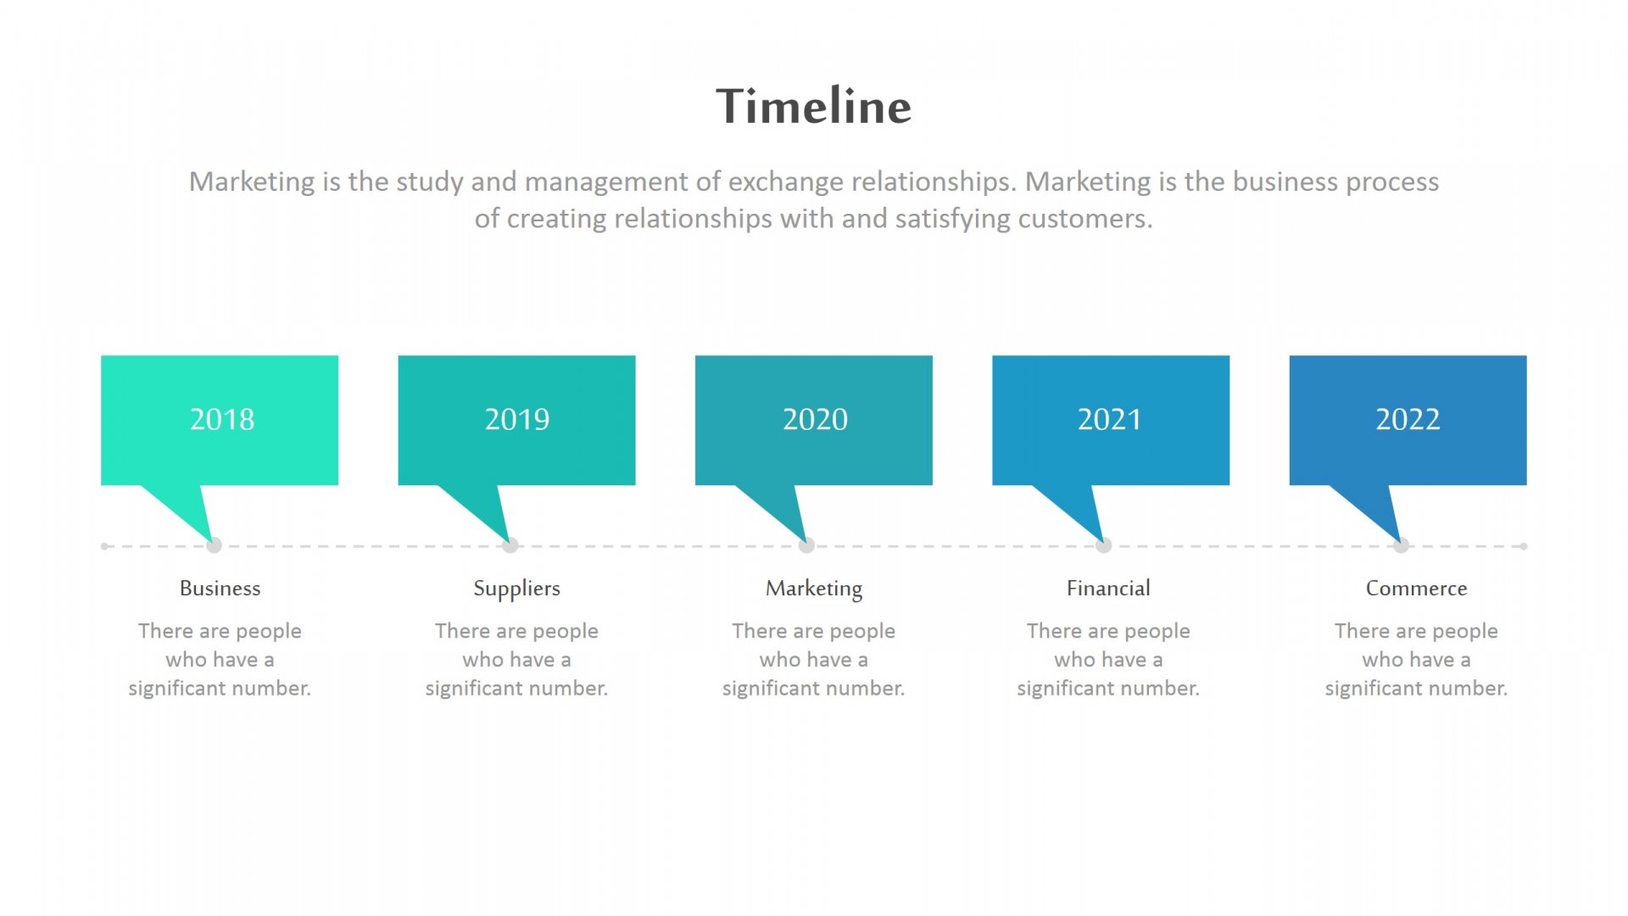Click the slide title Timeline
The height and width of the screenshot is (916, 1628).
[x=814, y=106]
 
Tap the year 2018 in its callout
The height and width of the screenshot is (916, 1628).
[x=222, y=419]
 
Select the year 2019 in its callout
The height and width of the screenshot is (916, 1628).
[x=517, y=419]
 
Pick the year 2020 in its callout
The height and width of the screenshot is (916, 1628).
[x=815, y=419]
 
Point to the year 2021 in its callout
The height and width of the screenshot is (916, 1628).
[x=1110, y=419]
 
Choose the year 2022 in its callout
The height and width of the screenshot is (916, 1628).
[x=1408, y=419]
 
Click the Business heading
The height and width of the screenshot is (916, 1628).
[x=220, y=588]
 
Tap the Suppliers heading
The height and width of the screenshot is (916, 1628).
[x=516, y=589]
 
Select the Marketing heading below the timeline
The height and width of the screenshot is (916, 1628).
[x=814, y=589]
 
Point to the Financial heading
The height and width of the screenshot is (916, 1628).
[x=1108, y=588]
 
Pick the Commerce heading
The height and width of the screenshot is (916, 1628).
[x=1416, y=588]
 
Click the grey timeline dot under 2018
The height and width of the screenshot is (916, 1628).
[x=214, y=545]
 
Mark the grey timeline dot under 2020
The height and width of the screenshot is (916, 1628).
[x=806, y=545]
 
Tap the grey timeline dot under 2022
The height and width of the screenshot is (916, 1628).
[x=1401, y=545]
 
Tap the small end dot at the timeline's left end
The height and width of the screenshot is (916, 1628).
[x=104, y=546]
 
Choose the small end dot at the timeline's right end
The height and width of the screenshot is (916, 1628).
[x=1524, y=546]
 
